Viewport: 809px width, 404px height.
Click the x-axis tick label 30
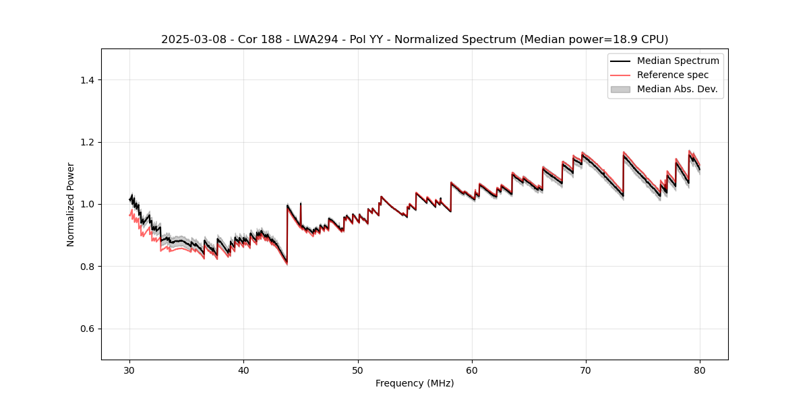[130, 370]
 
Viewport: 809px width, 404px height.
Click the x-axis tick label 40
[244, 370]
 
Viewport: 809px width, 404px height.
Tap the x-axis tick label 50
[358, 370]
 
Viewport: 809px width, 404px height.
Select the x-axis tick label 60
[472, 370]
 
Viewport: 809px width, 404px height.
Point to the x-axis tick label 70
[586, 370]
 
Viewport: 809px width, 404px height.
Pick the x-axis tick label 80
[700, 370]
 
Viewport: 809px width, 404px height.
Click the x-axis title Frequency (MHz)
[415, 383]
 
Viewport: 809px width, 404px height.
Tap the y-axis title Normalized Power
[71, 204]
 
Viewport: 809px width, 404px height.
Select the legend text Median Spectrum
[678, 61]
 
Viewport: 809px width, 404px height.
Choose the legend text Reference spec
[673, 75]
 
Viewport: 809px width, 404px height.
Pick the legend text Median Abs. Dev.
[677, 89]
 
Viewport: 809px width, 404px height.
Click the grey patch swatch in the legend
[620, 89]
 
